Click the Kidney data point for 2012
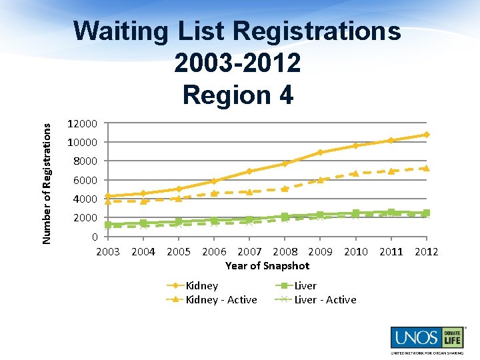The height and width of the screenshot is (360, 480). pos(426,135)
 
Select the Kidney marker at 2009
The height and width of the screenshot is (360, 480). pos(320,152)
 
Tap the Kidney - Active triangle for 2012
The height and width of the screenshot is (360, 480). pos(426,168)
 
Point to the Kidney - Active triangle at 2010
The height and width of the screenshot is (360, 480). pos(355,173)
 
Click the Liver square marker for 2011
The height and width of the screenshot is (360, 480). pos(391,212)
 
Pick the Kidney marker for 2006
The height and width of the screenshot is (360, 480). pos(214,181)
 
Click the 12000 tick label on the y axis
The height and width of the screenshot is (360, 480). pos(83,123)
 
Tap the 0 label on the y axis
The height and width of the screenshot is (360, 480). pos(95,237)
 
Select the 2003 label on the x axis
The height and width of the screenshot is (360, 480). pos(108,251)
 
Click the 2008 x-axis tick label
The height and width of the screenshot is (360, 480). pos(285,251)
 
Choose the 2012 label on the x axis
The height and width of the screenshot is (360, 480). pos(426,251)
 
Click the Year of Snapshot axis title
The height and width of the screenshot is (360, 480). pos(267,265)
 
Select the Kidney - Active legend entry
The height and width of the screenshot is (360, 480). pos(221,300)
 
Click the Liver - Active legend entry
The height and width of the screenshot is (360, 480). pos(325,300)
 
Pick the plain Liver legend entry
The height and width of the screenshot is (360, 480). pos(305,285)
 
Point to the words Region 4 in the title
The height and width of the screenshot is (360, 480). pos(237,95)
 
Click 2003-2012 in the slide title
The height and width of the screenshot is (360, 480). pos(237,63)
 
